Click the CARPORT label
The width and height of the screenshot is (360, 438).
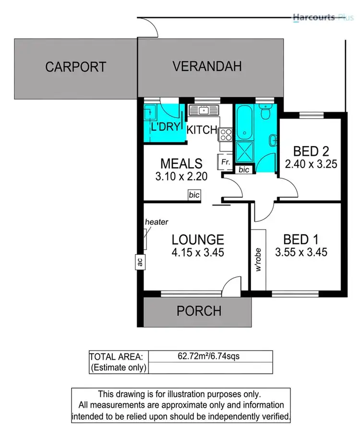[75, 67]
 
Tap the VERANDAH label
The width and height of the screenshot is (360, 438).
[207, 66]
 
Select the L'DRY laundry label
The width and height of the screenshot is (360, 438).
[165, 128]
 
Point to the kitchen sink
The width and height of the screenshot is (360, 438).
[204, 110]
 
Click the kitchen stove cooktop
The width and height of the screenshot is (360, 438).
[225, 134]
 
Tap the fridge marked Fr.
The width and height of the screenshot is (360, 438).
[225, 162]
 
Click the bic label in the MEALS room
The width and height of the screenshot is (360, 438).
[194, 195]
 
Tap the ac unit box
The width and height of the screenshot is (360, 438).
[140, 262]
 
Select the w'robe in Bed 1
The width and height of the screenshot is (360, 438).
[258, 259]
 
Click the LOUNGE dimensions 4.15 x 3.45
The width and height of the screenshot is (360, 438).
[198, 252]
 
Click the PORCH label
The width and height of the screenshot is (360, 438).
[199, 311]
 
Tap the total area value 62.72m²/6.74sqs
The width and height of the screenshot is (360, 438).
[210, 356]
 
